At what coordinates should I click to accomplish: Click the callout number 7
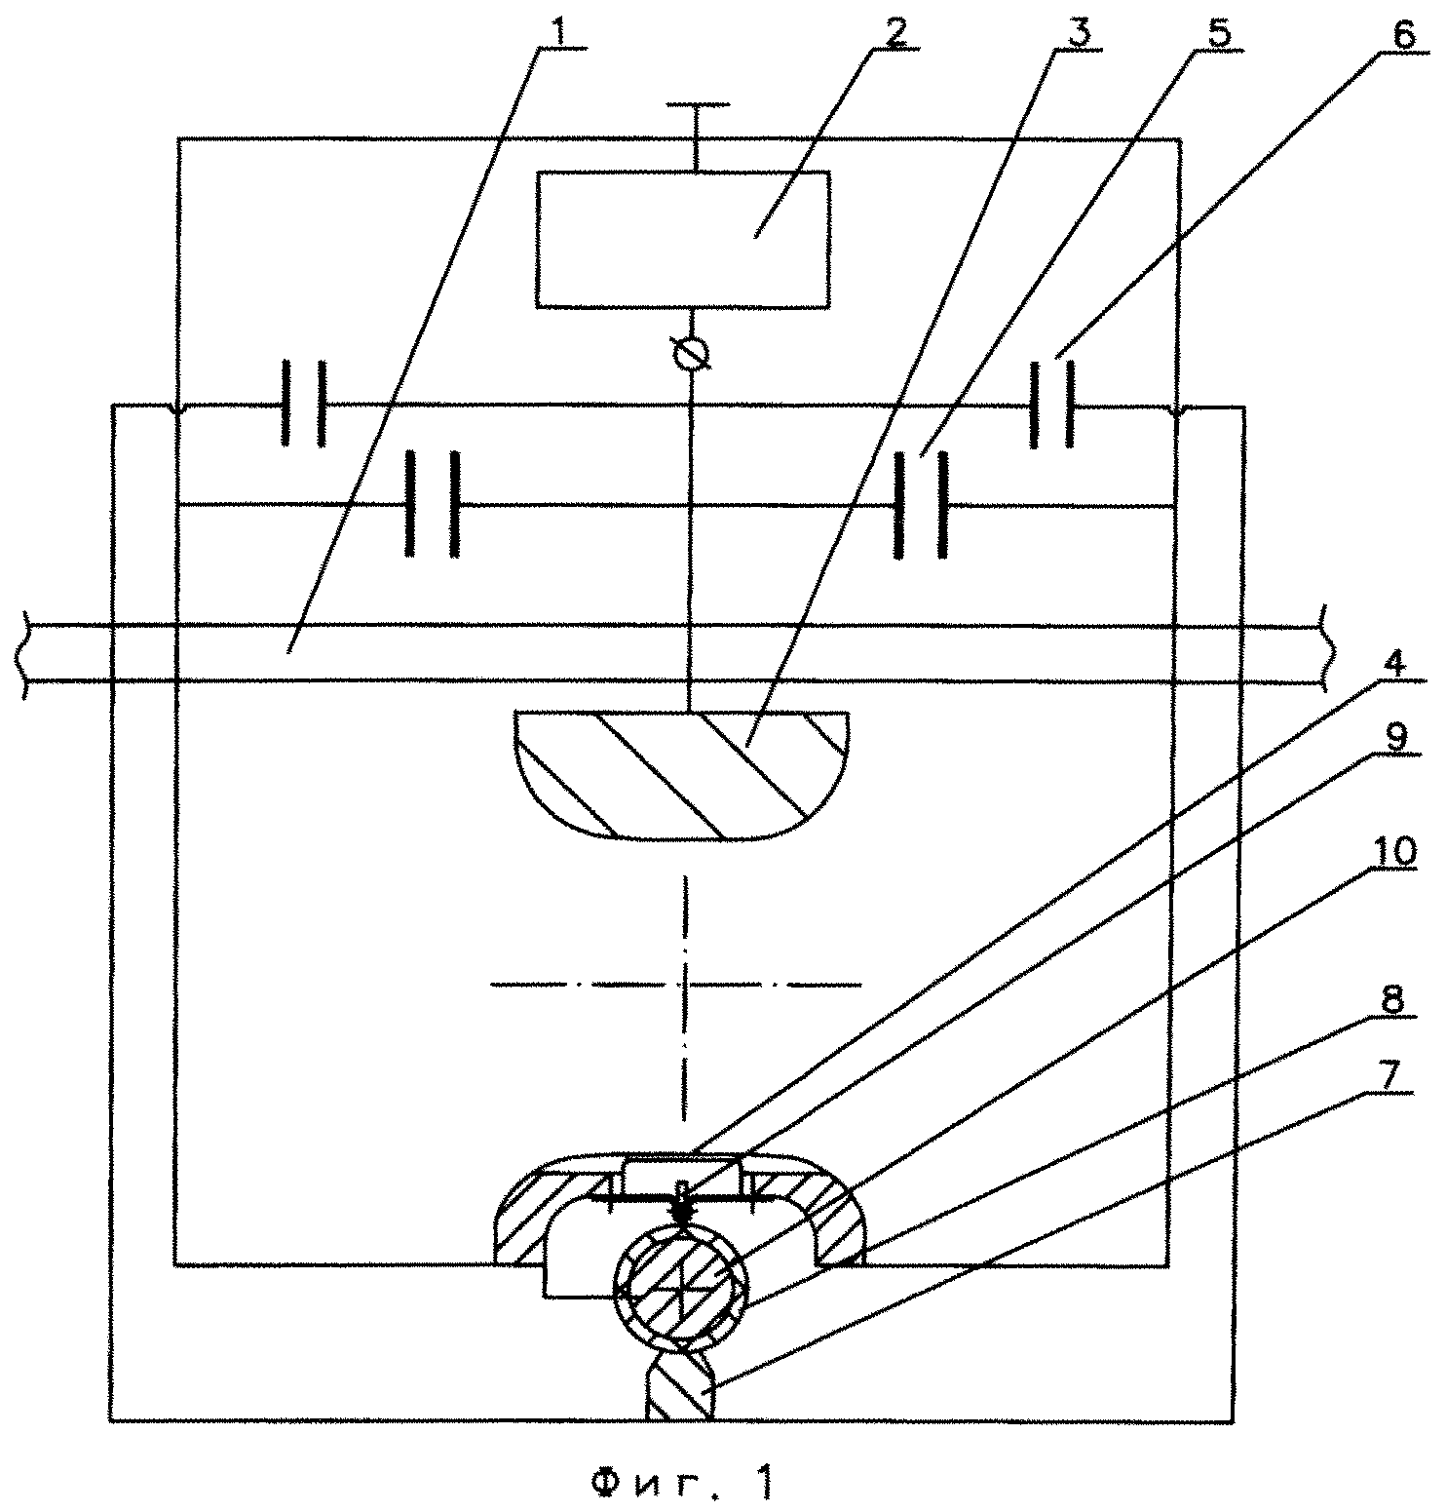pyautogui.click(x=1394, y=1076)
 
